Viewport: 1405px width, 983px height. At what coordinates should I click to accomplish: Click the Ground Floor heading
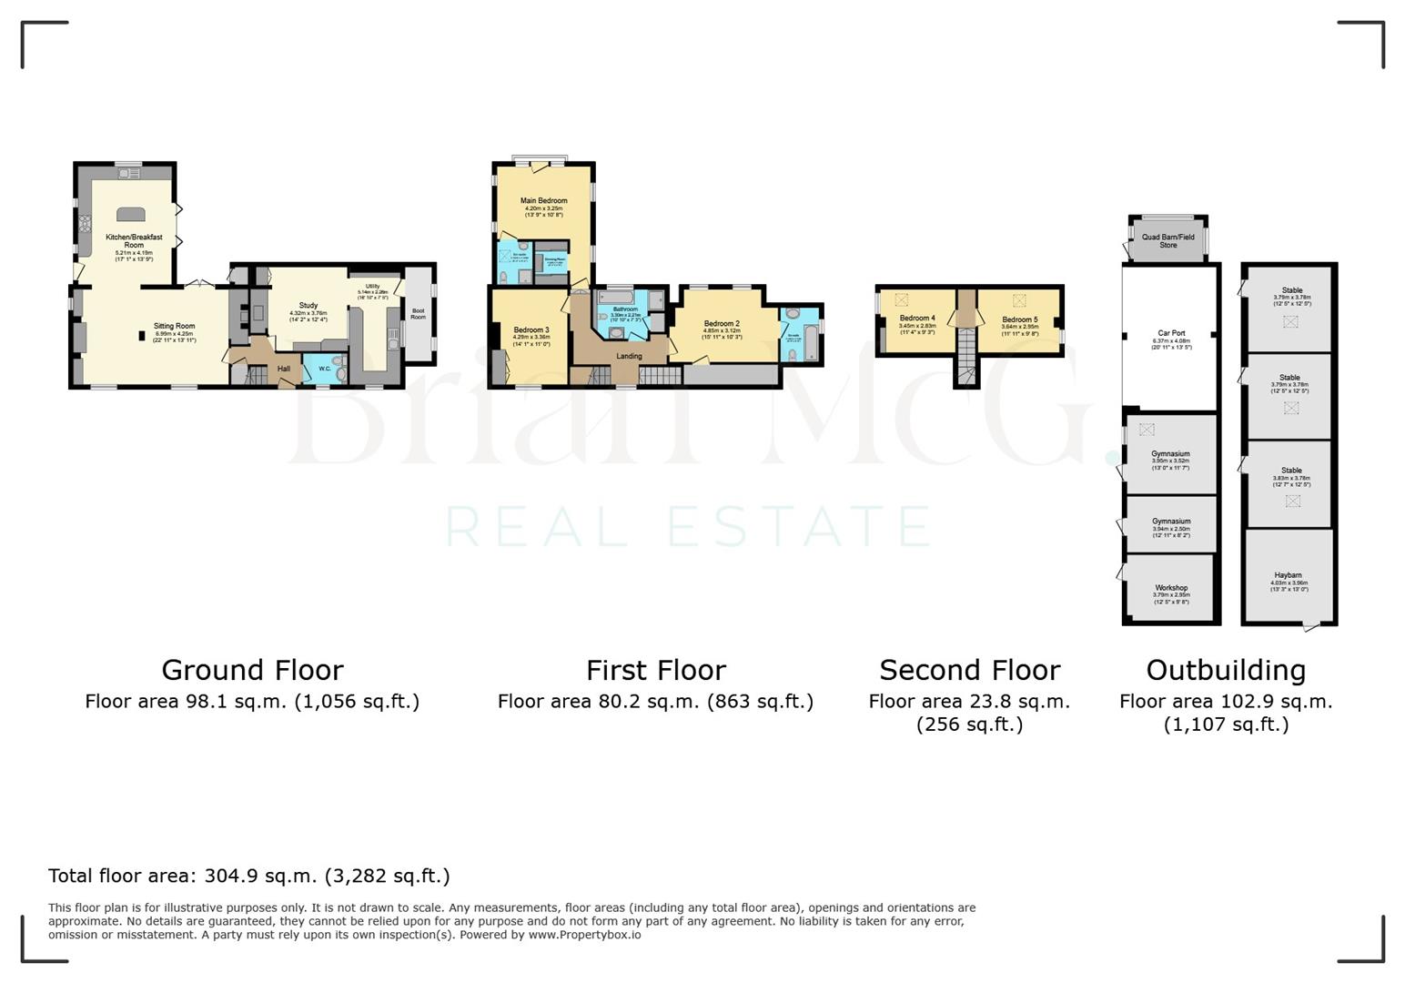252,670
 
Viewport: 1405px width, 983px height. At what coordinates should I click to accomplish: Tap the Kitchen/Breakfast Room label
134,241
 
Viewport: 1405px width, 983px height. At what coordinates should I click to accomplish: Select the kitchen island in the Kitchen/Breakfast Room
131,214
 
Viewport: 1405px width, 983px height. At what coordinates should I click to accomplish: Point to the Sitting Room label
174,326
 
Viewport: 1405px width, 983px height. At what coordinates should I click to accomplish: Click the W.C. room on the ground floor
325,369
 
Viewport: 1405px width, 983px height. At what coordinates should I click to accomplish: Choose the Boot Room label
418,314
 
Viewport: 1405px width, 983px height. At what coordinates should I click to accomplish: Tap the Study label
308,306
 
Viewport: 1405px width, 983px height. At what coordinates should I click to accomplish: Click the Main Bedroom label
543,200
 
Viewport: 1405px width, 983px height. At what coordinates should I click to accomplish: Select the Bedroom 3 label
531,329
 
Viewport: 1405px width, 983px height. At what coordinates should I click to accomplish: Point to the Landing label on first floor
629,356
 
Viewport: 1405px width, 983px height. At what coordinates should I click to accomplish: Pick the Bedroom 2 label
721,323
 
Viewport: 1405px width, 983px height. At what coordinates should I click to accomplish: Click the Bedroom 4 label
917,319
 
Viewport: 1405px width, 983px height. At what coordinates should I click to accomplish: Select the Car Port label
1171,333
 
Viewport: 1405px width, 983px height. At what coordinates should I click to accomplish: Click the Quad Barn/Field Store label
1167,241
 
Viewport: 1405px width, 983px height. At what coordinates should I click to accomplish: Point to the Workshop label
1171,588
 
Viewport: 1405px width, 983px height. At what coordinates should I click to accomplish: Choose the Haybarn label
1288,575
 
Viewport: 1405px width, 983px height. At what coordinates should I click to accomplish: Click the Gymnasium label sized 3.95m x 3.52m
1170,453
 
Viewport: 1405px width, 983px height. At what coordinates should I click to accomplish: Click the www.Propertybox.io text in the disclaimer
584,935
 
